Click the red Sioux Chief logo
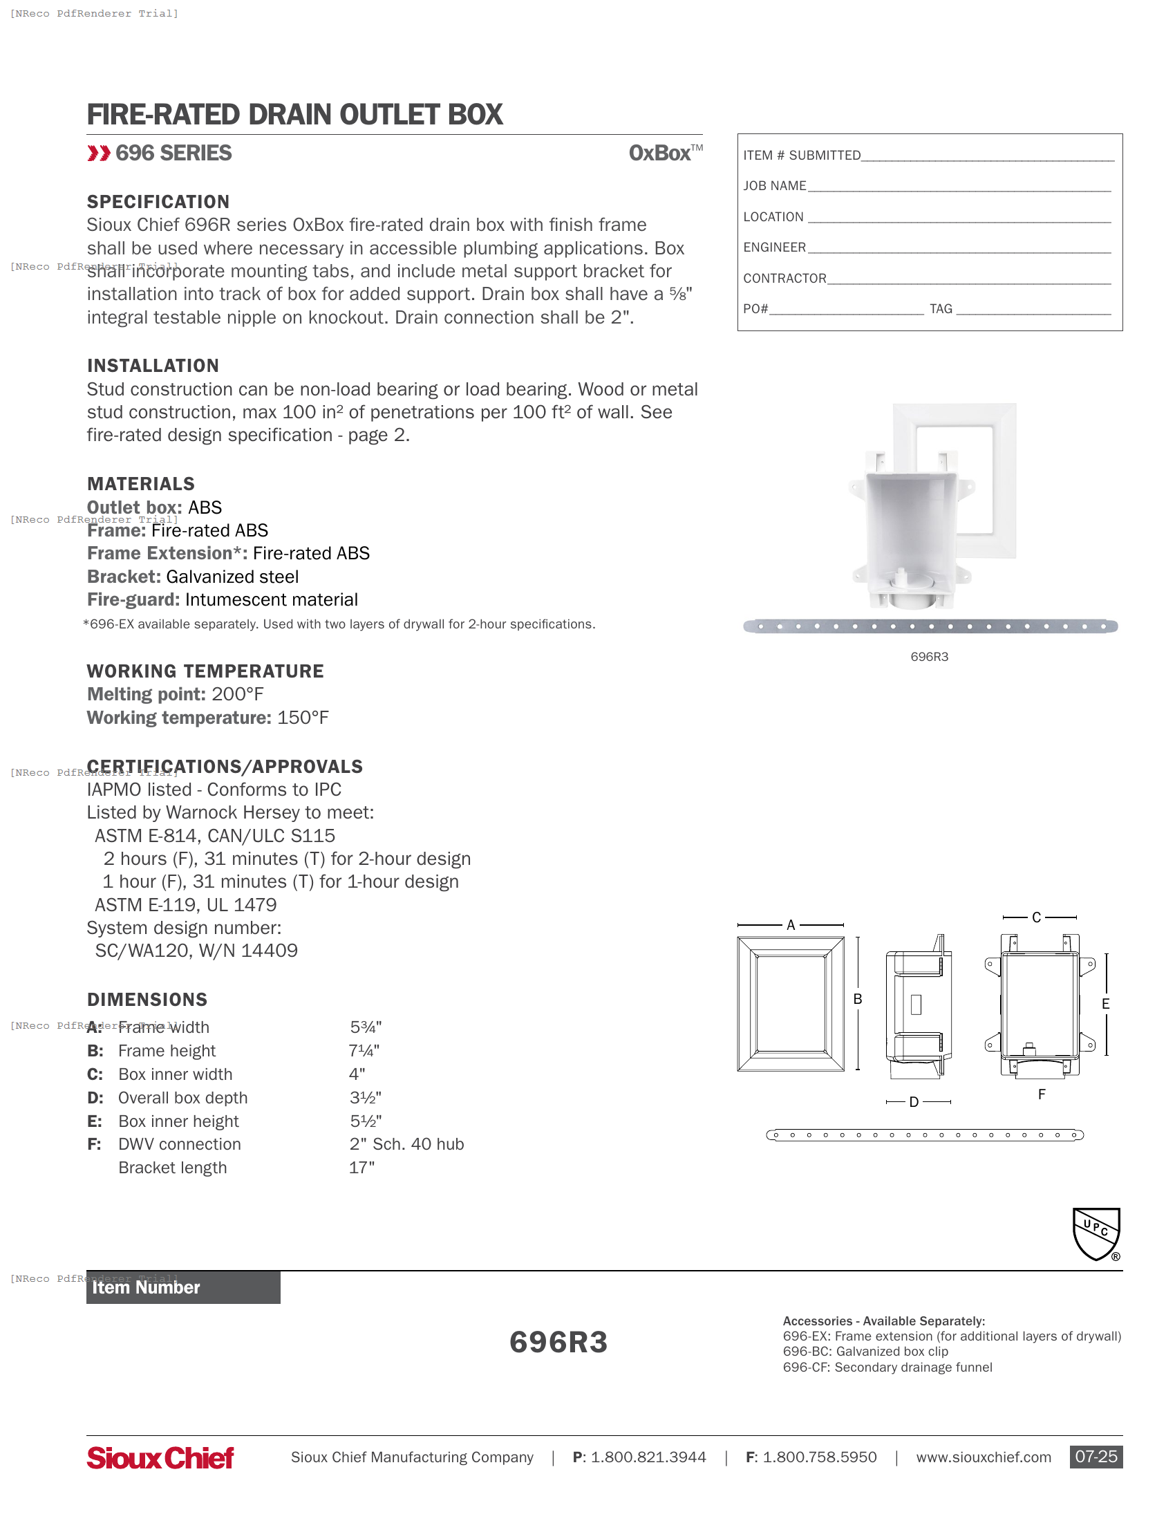[x=160, y=1457]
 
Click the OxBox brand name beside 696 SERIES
[x=660, y=153]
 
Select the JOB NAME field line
[x=959, y=187]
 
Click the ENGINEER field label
[x=774, y=248]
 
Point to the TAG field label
[x=941, y=308]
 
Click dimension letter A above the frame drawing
[x=790, y=925]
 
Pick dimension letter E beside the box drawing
[x=1105, y=1004]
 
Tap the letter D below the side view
[x=914, y=1102]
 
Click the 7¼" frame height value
[x=364, y=1050]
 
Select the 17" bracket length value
[x=361, y=1167]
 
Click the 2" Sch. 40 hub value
[x=406, y=1144]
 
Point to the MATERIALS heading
[x=140, y=484]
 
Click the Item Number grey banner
[x=183, y=1287]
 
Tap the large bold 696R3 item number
[x=558, y=1342]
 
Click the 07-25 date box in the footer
[x=1096, y=1456]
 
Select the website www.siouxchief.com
[x=983, y=1457]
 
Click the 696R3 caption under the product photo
[x=929, y=657]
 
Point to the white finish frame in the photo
[x=1003, y=480]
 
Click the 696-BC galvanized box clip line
[x=865, y=1351]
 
